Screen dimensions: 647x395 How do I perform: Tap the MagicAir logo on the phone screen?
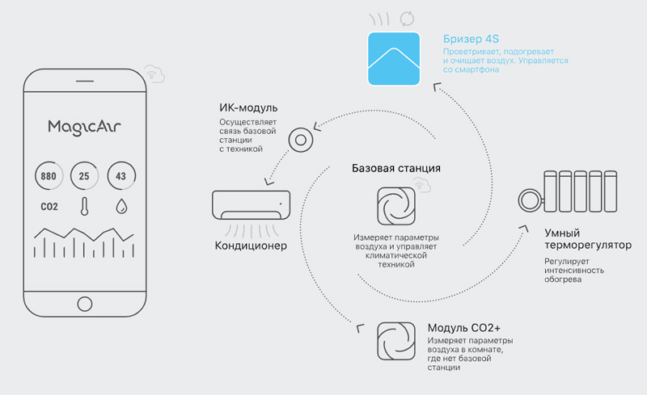(x=84, y=128)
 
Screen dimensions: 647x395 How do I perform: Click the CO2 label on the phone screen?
(x=49, y=207)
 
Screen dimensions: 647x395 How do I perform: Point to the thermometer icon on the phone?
(x=85, y=206)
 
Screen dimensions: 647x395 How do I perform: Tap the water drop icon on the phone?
(x=121, y=206)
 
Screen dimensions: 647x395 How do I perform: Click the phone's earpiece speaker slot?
(x=85, y=82)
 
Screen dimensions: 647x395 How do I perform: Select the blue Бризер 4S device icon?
(x=394, y=58)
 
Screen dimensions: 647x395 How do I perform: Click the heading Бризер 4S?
(x=471, y=39)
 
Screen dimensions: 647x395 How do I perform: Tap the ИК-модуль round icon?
(x=301, y=141)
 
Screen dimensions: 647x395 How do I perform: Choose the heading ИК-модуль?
(x=248, y=108)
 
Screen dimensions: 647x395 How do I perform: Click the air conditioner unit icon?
(x=251, y=205)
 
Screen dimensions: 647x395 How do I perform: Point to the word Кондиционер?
(x=251, y=246)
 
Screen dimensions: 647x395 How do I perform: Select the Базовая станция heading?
(x=396, y=168)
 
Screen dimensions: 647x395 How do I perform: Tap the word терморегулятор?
(x=588, y=246)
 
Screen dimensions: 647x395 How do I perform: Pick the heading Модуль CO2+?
(x=463, y=328)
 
